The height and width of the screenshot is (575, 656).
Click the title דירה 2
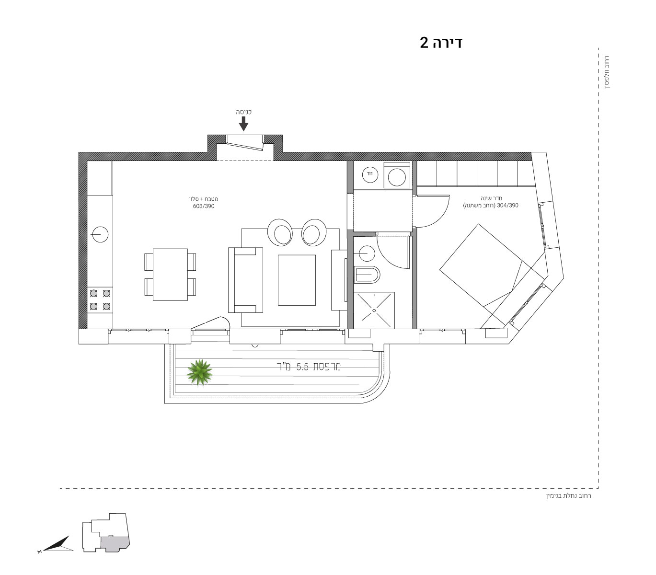[441, 43]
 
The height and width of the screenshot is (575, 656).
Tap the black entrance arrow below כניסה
[243, 123]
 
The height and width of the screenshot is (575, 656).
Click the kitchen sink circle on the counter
[100, 234]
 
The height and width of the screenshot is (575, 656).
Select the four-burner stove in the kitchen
[100, 300]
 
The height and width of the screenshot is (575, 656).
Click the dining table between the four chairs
[170, 275]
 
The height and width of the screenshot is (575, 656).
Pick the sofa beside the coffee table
[245, 280]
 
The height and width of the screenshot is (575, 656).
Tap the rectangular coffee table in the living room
[297, 280]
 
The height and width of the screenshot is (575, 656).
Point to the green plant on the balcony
[199, 372]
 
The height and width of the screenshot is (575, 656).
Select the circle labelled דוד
[370, 174]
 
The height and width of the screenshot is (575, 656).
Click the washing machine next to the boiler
[397, 175]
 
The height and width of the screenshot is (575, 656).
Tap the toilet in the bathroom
[367, 275]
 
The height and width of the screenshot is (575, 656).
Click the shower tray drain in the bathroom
[374, 310]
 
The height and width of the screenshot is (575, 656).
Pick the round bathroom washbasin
[367, 253]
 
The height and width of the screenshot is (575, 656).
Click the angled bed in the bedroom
[492, 275]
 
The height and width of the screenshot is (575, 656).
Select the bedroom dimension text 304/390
[507, 205]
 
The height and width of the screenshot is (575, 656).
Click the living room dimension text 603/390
[204, 206]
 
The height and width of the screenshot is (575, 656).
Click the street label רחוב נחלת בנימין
[569, 495]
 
